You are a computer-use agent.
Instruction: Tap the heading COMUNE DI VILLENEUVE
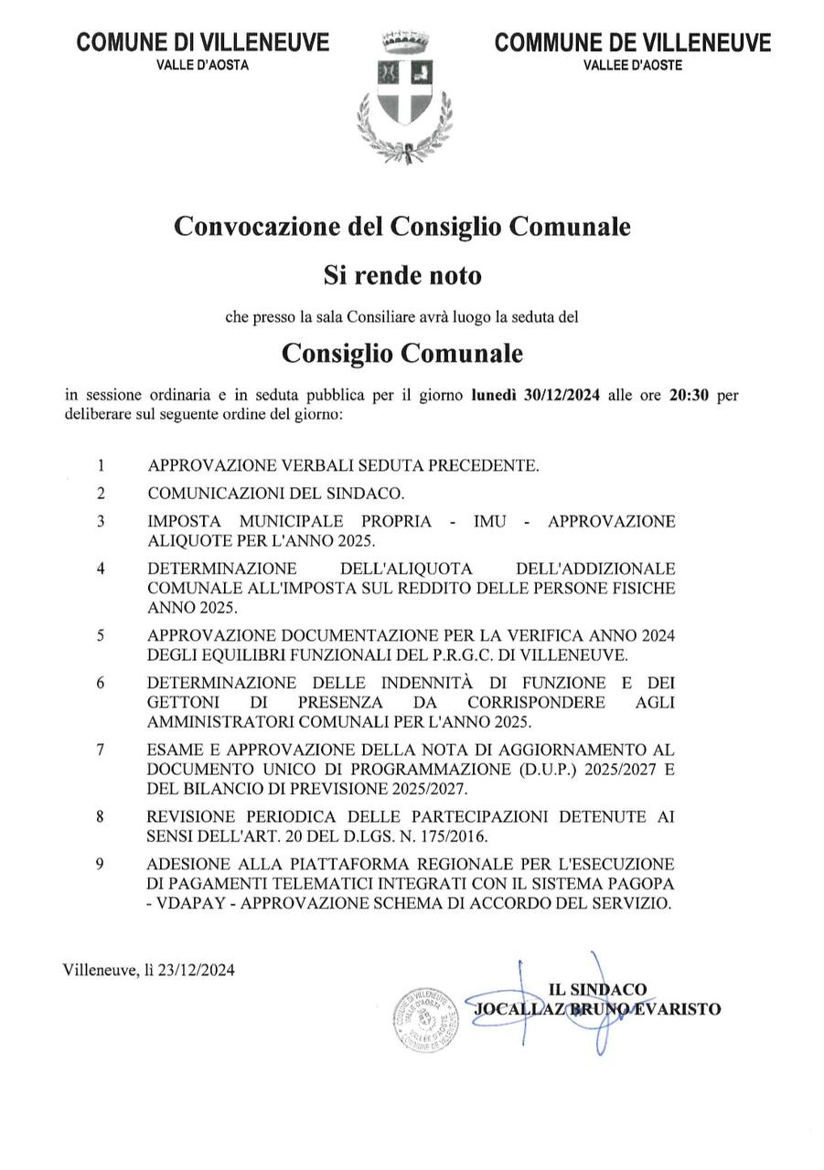(203, 42)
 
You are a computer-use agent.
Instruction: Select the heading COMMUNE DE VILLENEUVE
(632, 42)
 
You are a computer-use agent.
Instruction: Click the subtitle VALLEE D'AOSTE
(632, 65)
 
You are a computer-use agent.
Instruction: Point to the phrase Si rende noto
(401, 274)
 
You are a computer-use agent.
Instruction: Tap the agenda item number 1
(101, 465)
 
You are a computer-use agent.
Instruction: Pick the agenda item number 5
(101, 635)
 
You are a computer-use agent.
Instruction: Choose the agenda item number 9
(101, 863)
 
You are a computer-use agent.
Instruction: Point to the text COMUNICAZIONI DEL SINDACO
(275, 494)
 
